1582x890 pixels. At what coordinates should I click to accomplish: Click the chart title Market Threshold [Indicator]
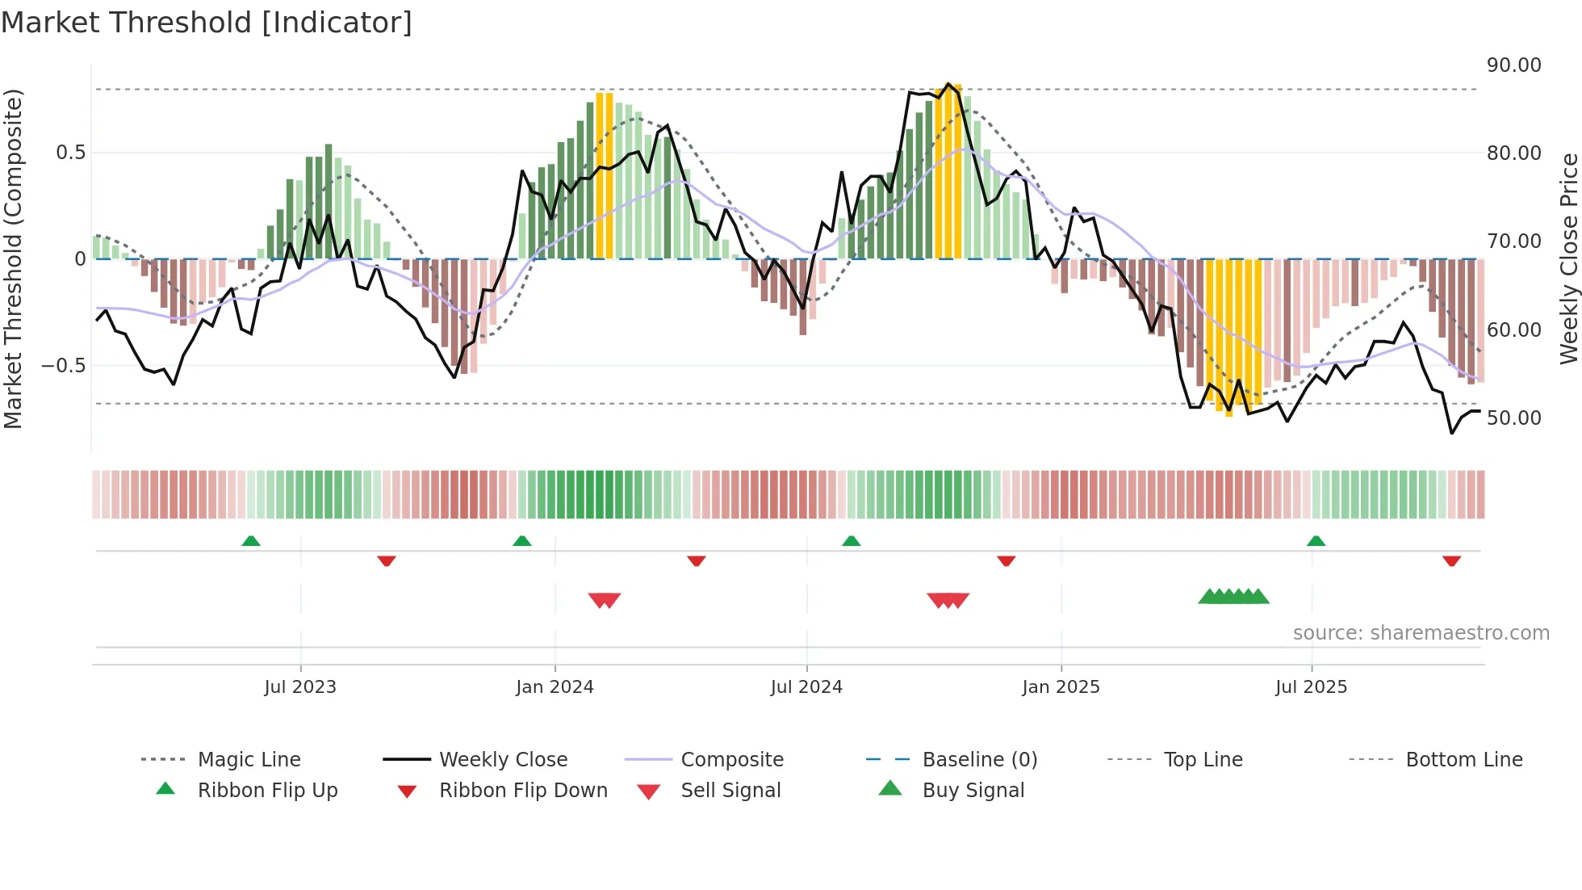[207, 23]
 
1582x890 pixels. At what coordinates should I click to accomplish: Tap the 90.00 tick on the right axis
[1513, 65]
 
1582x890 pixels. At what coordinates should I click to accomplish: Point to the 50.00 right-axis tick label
[1513, 418]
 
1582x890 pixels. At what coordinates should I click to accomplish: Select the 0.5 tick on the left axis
[70, 153]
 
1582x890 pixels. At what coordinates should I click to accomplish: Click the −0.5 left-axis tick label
[63, 366]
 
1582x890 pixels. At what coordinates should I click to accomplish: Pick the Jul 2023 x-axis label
[300, 687]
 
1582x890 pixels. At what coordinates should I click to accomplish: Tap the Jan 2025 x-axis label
[1061, 687]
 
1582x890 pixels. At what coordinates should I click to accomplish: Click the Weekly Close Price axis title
[1568, 258]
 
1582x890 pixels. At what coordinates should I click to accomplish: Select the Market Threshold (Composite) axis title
[13, 258]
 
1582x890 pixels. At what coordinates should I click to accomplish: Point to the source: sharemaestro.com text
[1421, 633]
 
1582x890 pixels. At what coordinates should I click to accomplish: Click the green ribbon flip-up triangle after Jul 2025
[1316, 541]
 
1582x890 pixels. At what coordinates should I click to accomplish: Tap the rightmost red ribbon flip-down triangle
[1451, 560]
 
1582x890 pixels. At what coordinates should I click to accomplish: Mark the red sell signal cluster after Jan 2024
[605, 600]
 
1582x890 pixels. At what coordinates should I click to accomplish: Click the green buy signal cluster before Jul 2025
[1233, 597]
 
